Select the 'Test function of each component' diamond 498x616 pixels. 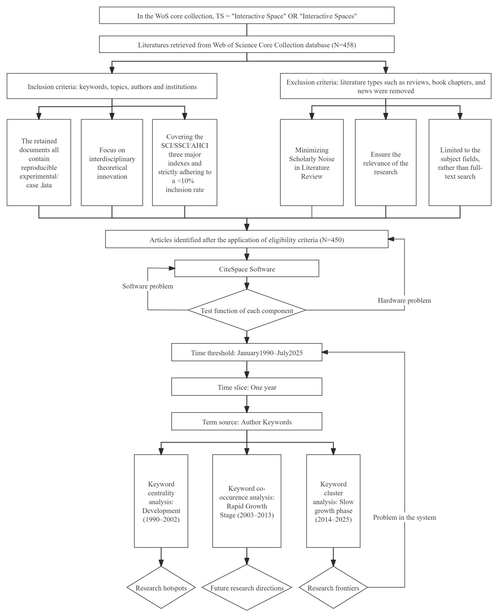pyautogui.click(x=247, y=310)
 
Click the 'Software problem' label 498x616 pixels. pyautogui.click(x=148, y=286)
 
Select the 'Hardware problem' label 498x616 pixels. pyautogui.click(x=405, y=301)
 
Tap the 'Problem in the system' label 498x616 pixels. pyautogui.click(x=405, y=517)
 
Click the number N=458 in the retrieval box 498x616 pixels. pyautogui.click(x=344, y=45)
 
